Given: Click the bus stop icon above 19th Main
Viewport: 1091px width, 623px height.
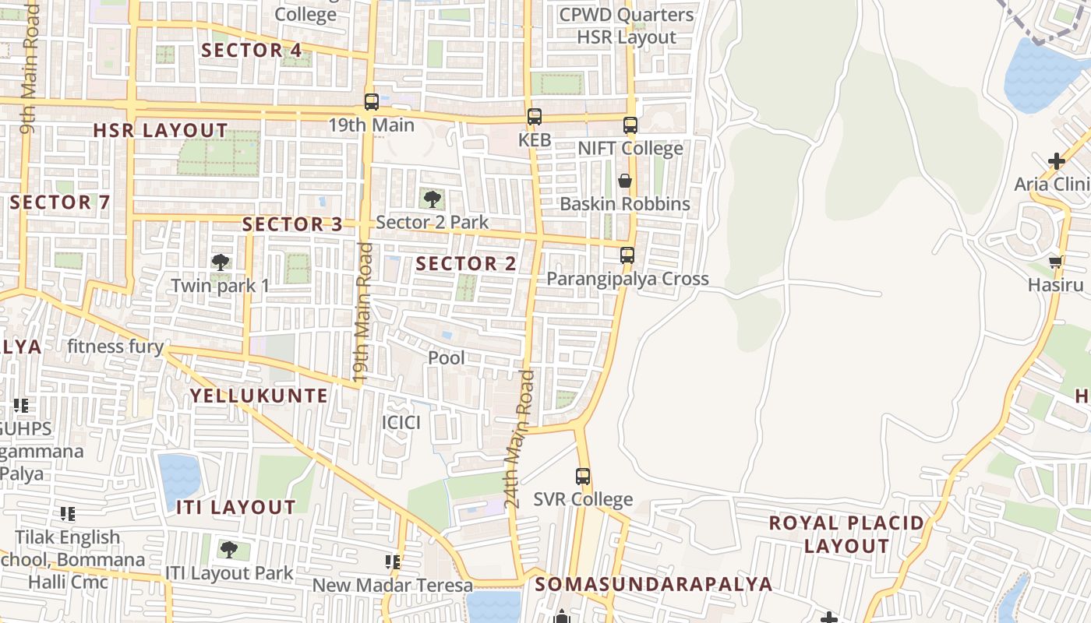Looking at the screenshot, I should (372, 102).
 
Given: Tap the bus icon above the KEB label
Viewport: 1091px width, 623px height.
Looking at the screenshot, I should (534, 118).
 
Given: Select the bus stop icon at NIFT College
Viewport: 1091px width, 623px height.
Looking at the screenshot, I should (630, 125).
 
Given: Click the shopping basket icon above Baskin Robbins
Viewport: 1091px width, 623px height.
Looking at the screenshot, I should (625, 181).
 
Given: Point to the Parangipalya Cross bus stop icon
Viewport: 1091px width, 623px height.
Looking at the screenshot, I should (627, 255).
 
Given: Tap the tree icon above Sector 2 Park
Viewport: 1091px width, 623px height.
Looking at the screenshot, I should (432, 199).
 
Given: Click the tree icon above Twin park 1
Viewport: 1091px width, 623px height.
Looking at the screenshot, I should (221, 262).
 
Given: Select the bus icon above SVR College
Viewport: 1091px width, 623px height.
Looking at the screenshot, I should (583, 477).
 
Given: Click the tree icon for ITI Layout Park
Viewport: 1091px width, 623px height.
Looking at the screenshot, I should (228, 550).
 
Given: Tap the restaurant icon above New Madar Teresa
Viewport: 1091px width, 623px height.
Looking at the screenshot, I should (393, 561).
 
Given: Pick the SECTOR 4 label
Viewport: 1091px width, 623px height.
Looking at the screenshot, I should (252, 51).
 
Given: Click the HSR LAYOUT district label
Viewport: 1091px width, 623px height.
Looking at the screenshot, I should (161, 130).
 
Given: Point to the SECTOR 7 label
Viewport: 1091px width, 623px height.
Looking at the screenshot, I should (60, 202).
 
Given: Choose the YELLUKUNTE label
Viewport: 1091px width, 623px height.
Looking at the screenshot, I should (260, 396).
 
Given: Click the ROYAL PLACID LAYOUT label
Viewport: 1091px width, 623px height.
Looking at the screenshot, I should (846, 534).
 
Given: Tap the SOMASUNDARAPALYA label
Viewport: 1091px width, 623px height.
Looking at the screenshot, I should (654, 584).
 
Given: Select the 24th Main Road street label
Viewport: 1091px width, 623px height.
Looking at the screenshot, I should (520, 440).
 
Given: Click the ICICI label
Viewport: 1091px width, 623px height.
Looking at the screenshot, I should (401, 423).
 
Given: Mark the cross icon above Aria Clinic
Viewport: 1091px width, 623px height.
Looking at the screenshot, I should (1057, 162).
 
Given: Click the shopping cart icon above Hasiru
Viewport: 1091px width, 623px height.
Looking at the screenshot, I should (1056, 262).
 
